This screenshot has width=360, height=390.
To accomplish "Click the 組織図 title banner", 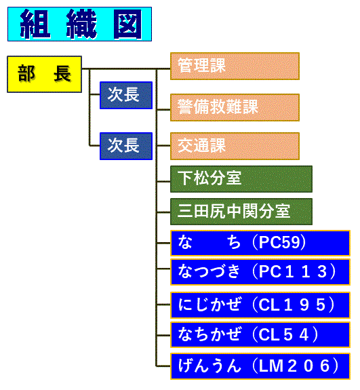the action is coord(79,24).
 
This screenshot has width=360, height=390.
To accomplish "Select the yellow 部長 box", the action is coord(45,74).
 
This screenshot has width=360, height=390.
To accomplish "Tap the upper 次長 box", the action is coord(126,95).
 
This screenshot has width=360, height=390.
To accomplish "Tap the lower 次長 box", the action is coord(126,146).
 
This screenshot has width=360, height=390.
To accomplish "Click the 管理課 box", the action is coord(235,66).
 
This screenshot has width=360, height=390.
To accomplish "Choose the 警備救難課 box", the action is coord(235,107).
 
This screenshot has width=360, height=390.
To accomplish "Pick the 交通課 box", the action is coord(235,146).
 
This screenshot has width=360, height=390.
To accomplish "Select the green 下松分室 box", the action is coord(241,179).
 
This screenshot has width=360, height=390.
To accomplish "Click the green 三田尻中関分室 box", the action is coord(241,212).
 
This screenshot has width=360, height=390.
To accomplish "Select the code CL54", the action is coord(284,334).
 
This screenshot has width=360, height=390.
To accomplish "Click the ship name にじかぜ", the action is coord(209,305).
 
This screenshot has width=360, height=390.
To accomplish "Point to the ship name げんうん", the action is coord(209,366).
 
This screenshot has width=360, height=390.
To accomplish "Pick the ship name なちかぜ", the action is coord(209,334).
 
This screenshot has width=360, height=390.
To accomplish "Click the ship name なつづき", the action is coord(209,271).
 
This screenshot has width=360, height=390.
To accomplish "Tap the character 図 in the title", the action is coord(127,24).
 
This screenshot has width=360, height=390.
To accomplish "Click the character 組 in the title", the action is coord(35,24).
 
